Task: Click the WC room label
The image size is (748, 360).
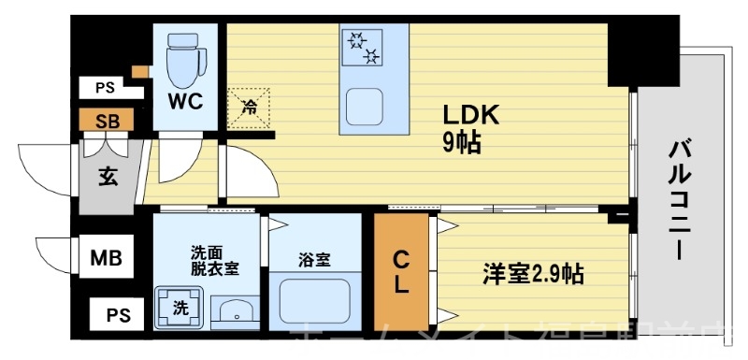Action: pos(185,100)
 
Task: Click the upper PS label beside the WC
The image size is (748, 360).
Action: pos(104,89)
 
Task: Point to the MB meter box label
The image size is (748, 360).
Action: pos(105,256)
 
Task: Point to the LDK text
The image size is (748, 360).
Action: pos(472,117)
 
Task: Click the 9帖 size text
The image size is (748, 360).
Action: pos(462,144)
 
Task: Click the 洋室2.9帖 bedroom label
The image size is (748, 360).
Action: pos(533,274)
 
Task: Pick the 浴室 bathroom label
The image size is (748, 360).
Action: pos(315,260)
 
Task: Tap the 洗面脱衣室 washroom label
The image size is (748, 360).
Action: pos(215,260)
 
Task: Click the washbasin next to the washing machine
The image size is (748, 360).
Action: pos(233,309)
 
